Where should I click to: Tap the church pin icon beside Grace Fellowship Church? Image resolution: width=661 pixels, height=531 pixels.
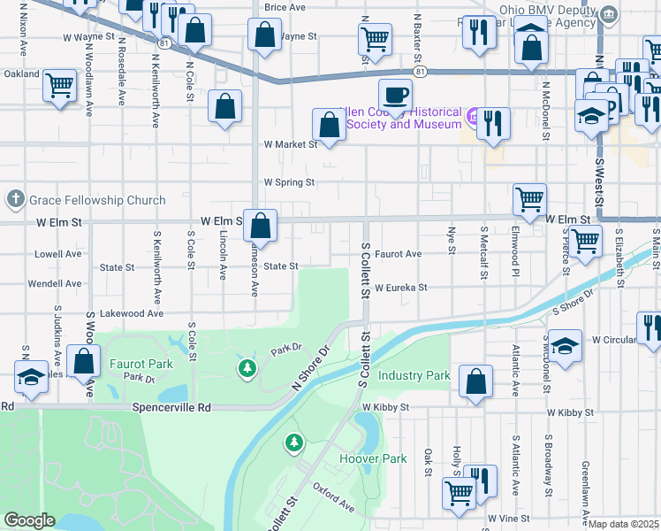15,199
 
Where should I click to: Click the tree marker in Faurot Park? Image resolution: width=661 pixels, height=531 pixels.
247,366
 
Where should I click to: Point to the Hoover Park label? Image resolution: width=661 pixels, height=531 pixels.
373,458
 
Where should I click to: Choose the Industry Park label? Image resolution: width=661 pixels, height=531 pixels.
414,375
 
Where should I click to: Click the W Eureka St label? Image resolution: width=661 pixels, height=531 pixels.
400,288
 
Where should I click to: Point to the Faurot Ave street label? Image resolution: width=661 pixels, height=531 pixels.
398,254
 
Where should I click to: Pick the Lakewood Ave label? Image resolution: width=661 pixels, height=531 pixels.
133,313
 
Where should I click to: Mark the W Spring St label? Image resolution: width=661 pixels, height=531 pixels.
289,182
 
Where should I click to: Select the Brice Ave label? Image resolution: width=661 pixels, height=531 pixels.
285,7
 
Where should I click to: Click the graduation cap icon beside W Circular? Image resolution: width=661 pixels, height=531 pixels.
565,345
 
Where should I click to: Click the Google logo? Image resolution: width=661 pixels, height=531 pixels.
29,520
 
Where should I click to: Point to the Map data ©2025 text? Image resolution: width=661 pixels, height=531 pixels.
624,525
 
